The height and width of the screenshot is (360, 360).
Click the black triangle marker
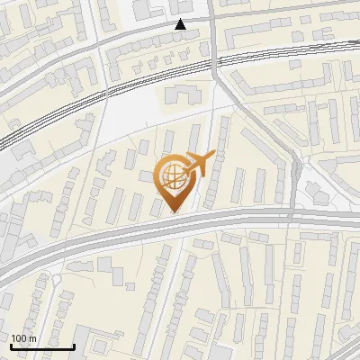181,24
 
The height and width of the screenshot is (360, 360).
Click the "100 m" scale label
23,338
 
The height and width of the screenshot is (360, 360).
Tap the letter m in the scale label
32,338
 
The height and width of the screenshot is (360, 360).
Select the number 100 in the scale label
19,338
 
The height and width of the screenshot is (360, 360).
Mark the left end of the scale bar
11,346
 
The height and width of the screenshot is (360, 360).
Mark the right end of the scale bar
75,346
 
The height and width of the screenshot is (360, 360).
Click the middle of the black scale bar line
42,346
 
